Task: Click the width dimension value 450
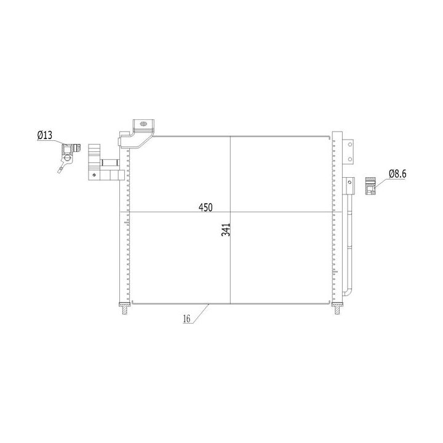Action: [x=206, y=207]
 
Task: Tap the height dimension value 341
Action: [x=226, y=230]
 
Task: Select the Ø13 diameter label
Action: [x=45, y=135]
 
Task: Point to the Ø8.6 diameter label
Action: [x=397, y=174]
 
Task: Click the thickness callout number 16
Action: [x=186, y=319]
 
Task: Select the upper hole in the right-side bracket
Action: [x=350, y=145]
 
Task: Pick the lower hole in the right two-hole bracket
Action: [x=350, y=159]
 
